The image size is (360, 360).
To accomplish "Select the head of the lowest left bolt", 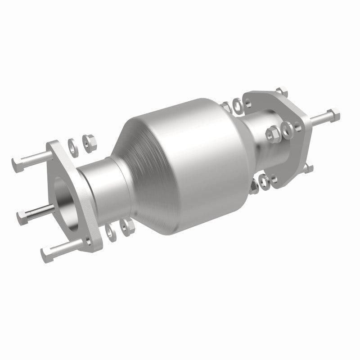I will (47, 255).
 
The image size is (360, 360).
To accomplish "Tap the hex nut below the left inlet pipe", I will (128, 226).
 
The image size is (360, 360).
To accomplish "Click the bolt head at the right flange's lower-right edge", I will (308, 168).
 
